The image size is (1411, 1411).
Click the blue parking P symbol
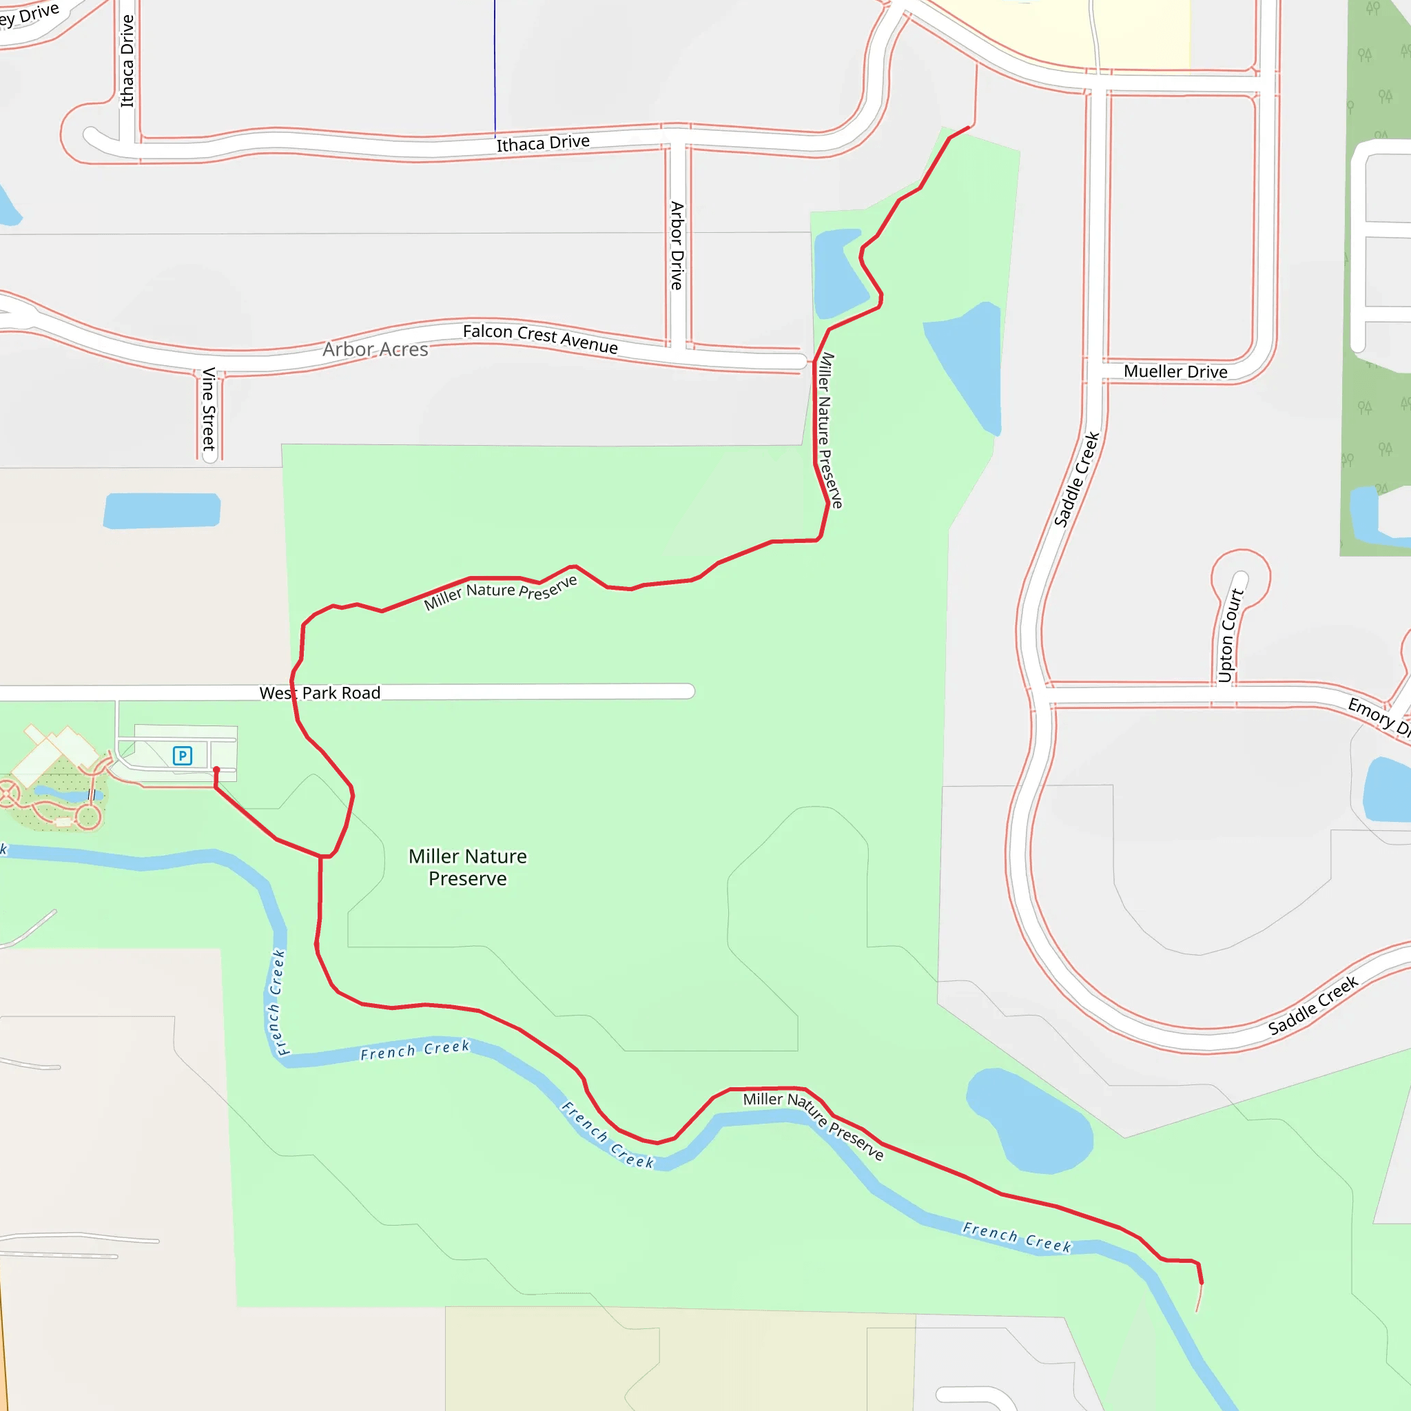coord(182,755)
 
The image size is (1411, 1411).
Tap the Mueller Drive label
coord(1175,372)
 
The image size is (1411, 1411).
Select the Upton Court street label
coord(1230,635)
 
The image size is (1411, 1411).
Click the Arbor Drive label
coord(677,245)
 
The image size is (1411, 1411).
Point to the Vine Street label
coord(209,409)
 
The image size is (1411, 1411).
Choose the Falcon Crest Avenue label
coord(540,339)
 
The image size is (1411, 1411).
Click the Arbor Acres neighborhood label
coord(375,350)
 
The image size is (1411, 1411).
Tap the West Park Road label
coord(320,692)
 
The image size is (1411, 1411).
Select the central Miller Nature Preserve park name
coord(467,867)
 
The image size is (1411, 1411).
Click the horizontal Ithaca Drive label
coord(543,143)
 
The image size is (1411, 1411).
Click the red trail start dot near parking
coord(216,770)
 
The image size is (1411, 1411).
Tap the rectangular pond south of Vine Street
coord(161,510)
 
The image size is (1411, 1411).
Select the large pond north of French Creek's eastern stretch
coord(1030,1121)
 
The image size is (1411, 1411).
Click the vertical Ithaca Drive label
coord(127,61)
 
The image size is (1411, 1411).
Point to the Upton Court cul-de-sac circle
coord(1241,577)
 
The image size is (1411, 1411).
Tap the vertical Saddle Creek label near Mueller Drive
coord(1077,479)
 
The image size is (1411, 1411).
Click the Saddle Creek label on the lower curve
coord(1312,1006)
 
